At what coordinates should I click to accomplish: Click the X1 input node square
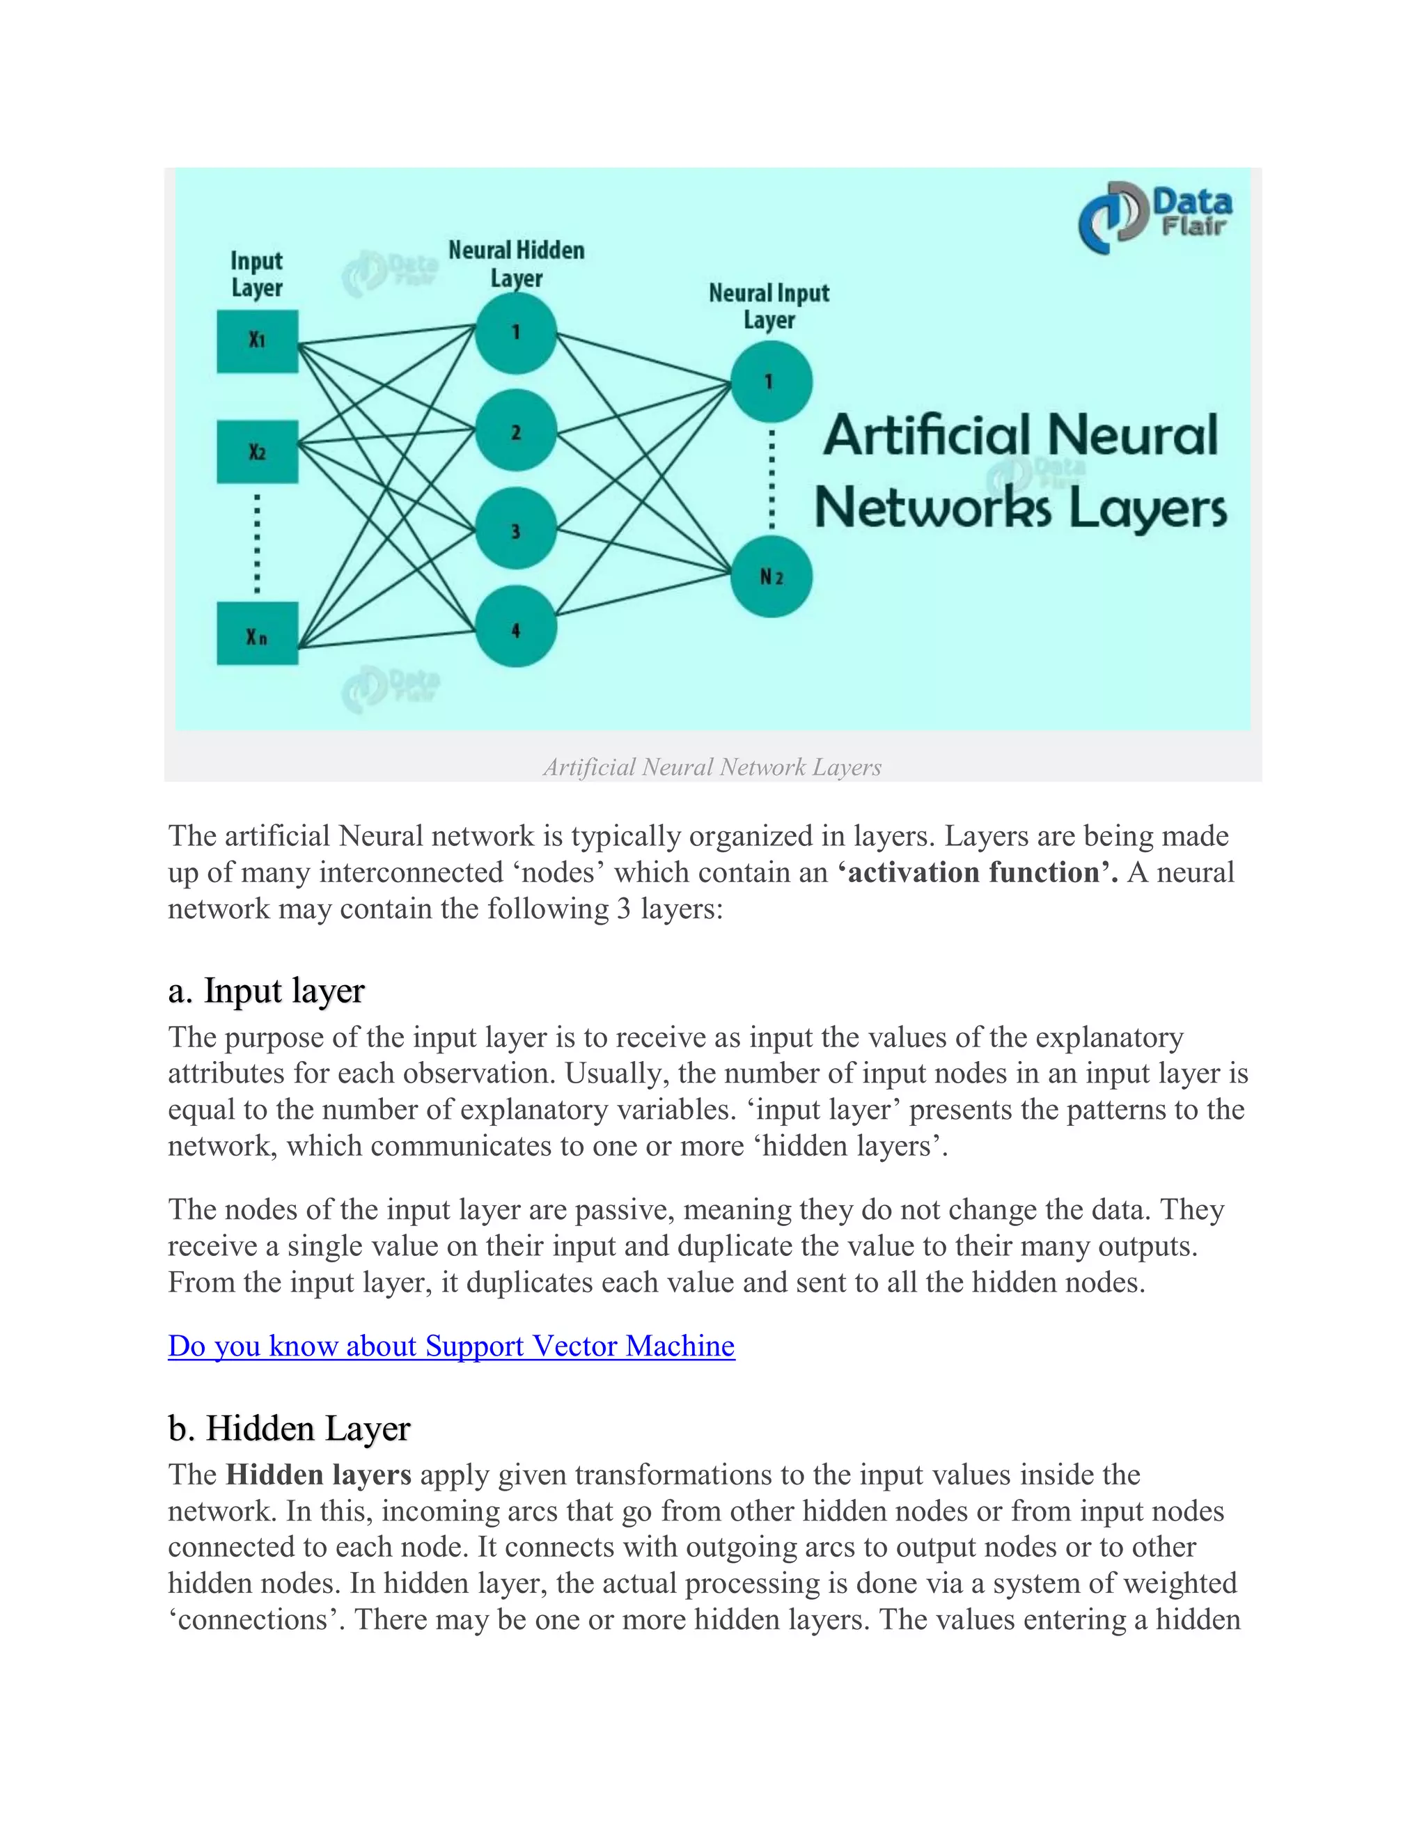click(x=258, y=341)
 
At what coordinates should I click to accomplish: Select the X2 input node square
click(x=258, y=452)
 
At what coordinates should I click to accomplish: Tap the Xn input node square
click(x=258, y=634)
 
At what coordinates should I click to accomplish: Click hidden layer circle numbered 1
click(x=515, y=333)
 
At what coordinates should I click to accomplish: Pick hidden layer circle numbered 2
click(x=515, y=432)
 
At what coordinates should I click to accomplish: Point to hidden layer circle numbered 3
click(x=515, y=530)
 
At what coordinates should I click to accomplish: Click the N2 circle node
click(x=771, y=576)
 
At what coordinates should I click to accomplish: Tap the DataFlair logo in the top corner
click(x=1155, y=217)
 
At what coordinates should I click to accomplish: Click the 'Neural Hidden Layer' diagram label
click(x=516, y=264)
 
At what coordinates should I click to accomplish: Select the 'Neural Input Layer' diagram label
click(x=769, y=306)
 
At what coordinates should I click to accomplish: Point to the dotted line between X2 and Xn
click(x=258, y=542)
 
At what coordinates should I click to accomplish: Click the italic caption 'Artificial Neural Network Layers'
click(x=712, y=767)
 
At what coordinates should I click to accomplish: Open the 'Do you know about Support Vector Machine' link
click(x=451, y=1346)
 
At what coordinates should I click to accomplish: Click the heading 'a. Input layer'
click(x=266, y=990)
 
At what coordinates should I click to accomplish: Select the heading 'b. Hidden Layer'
click(x=289, y=1429)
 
